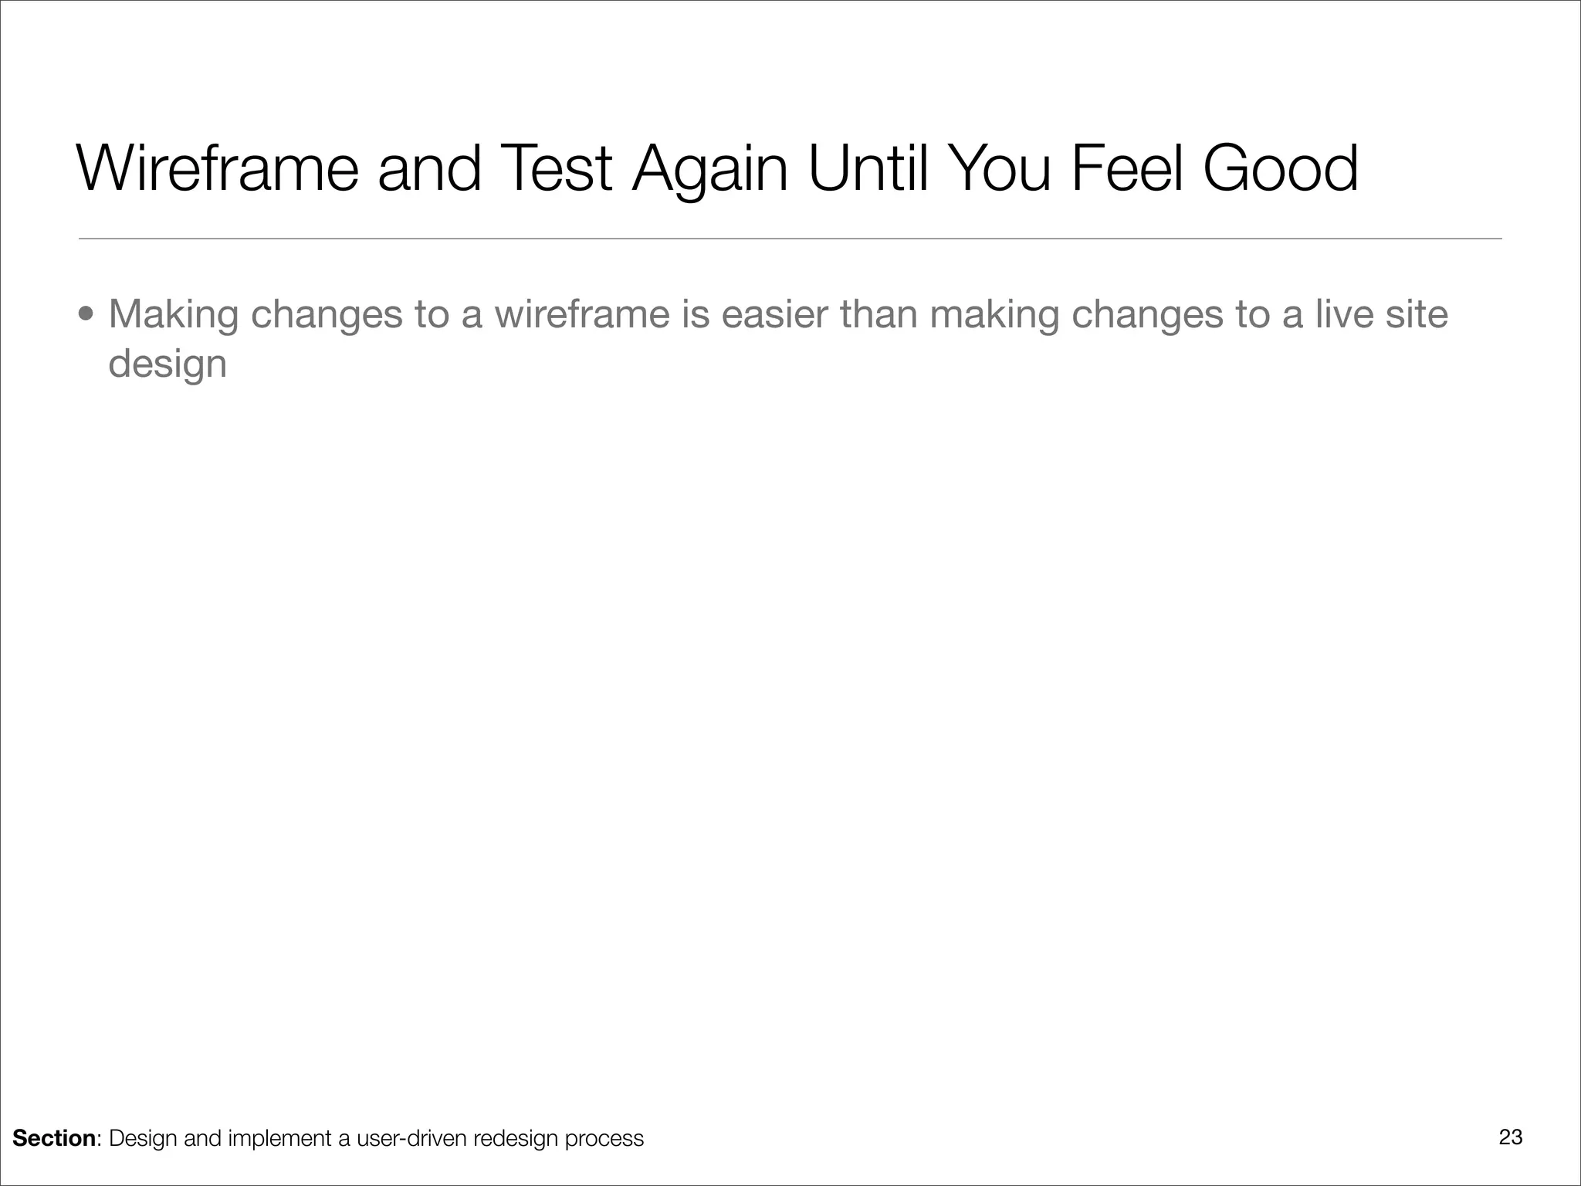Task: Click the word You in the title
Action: coord(1000,168)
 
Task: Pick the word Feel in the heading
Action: coord(1127,168)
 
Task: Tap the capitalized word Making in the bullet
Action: coord(174,315)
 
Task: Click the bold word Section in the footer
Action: coord(54,1138)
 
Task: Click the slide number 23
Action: coord(1511,1137)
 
